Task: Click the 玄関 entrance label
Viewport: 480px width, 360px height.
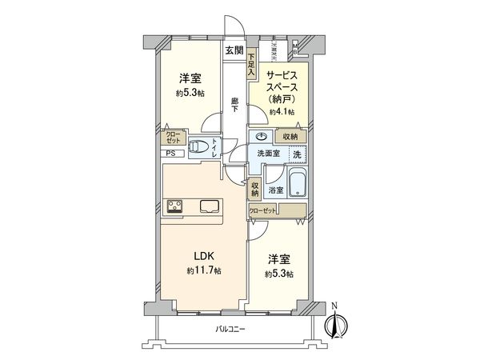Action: tap(234, 50)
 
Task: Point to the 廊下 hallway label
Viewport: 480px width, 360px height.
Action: tap(234, 105)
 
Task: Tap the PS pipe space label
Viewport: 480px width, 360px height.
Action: tap(170, 154)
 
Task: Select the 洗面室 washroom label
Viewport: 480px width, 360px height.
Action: tap(268, 154)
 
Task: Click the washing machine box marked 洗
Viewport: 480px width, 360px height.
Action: tap(298, 154)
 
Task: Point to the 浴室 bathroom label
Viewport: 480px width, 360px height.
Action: tap(276, 190)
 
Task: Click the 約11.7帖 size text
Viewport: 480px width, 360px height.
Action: tap(204, 272)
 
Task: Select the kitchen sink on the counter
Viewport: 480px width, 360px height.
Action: tap(211, 206)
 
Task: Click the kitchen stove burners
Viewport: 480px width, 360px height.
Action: tap(175, 206)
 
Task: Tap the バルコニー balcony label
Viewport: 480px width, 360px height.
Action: tap(230, 330)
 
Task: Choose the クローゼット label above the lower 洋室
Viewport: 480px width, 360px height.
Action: tap(263, 210)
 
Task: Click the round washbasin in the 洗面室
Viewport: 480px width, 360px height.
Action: tap(261, 136)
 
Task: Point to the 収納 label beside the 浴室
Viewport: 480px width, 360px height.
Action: tap(254, 188)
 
